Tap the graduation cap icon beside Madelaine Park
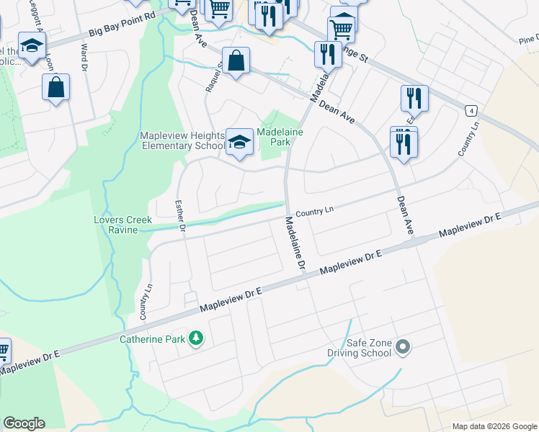coord(239,142)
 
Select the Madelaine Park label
coord(280,137)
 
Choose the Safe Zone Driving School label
coord(359,348)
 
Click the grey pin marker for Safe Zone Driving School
coord(403,348)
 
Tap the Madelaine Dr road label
coord(295,243)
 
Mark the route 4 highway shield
coord(471,110)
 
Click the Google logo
coord(24,423)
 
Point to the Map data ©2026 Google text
coord(494,426)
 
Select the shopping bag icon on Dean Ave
coord(236,62)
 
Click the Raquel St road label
coord(211,76)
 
